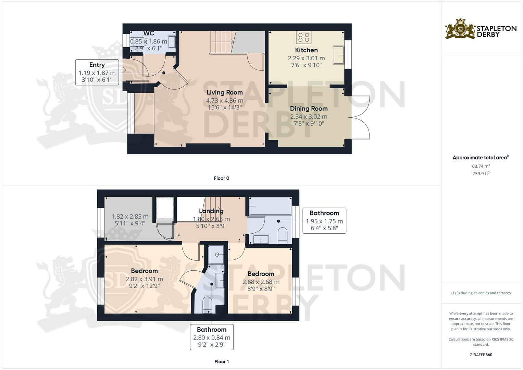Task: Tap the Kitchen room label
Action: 306,50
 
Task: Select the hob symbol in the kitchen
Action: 303,37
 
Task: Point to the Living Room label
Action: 225,92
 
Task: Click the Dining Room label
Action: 309,109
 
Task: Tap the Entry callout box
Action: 97,72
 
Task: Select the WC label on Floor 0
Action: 149,33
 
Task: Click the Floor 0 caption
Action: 221,178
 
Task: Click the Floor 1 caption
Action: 221,361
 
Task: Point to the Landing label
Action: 211,211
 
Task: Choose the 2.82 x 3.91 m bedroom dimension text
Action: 144,279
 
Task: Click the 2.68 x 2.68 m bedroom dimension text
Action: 261,282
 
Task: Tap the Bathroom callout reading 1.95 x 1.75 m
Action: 324,221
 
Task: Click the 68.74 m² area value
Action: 481,166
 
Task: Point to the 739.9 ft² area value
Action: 481,174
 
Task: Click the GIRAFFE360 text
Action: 481,355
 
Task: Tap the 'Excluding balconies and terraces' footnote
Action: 481,293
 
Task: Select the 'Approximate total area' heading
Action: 480,158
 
